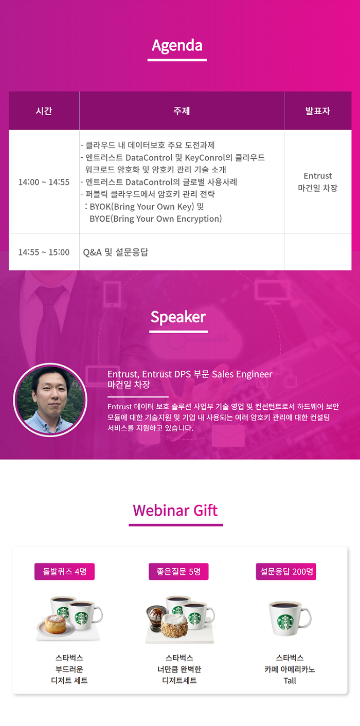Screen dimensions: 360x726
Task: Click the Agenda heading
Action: pos(177,46)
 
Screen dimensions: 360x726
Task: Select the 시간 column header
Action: pos(44,111)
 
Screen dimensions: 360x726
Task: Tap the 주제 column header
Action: pos(182,111)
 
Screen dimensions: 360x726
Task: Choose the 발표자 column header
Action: pos(317,111)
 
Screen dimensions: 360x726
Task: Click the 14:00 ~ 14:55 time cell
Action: pos(44,182)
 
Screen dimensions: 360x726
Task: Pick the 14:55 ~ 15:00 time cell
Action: pos(44,252)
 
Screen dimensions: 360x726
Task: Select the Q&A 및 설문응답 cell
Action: pos(116,252)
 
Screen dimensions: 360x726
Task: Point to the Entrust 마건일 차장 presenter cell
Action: pos(318,182)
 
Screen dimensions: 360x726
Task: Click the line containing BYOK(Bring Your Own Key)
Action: pos(145,207)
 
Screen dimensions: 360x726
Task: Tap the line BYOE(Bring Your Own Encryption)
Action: pos(156,219)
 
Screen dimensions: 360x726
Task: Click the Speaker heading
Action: pos(178,317)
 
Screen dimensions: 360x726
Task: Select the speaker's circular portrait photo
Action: pos(50,400)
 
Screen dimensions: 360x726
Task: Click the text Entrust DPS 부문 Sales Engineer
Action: pos(207,374)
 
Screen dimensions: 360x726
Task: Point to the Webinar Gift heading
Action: pos(175,511)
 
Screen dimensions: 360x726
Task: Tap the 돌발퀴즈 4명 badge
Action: pos(64,571)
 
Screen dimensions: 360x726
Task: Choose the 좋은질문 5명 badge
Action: pos(178,571)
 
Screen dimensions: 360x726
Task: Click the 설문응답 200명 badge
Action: pos(286,571)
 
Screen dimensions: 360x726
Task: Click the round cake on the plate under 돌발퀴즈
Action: pos(55,624)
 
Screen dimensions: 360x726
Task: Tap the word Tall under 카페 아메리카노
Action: pos(290,681)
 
